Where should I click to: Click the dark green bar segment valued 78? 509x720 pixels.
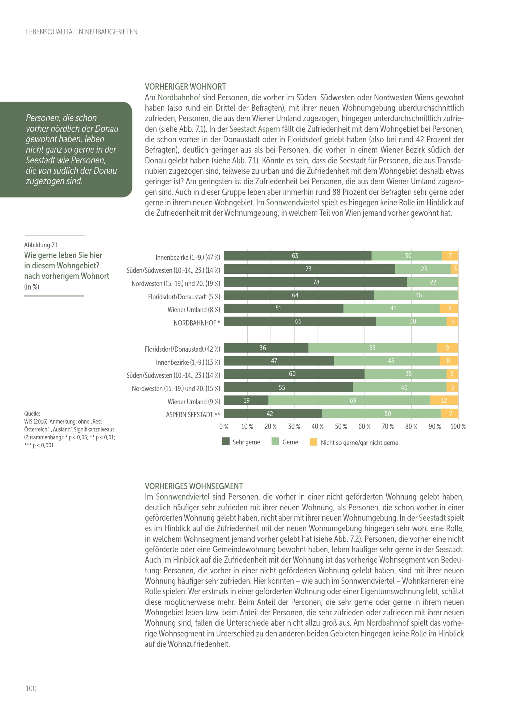[315, 282]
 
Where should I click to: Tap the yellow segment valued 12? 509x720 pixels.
[444, 400]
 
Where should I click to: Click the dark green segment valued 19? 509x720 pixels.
[246, 400]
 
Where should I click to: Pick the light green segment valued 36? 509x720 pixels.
[416, 295]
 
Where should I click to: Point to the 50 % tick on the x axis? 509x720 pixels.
[341, 427]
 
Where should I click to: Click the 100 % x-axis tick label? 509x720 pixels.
[458, 427]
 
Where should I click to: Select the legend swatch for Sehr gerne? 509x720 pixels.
[226, 441]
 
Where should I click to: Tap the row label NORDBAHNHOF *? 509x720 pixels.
[196, 323]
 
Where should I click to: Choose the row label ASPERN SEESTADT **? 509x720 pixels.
[193, 415]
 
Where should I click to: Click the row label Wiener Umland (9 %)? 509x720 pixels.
[194, 402]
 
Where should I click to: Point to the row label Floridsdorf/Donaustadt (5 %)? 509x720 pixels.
[184, 297]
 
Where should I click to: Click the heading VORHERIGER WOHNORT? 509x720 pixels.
[185, 87]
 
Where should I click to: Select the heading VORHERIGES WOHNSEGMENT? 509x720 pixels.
[194, 486]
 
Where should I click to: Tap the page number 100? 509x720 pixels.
[31, 688]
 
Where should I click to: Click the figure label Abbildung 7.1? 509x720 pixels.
[41, 245]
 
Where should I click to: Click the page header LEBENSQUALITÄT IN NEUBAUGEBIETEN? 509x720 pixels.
[81, 32]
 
